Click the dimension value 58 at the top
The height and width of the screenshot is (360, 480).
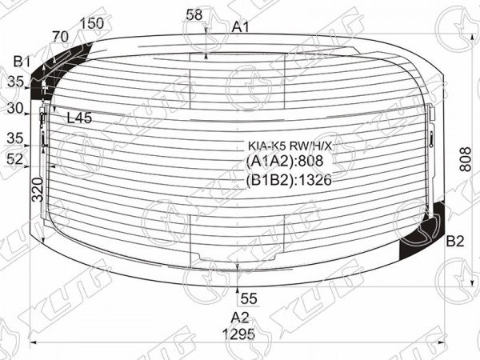pyautogui.click(x=194, y=14)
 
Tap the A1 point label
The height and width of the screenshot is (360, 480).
pyautogui.click(x=241, y=27)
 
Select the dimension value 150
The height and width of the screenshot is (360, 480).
pyautogui.click(x=92, y=23)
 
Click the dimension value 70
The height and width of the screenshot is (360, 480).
pyautogui.click(x=60, y=37)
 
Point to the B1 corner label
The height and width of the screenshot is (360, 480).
pyautogui.click(x=22, y=62)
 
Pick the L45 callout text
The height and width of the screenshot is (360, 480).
pyautogui.click(x=79, y=118)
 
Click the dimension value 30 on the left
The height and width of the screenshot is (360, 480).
pyautogui.click(x=15, y=108)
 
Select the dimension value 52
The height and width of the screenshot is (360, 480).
pyautogui.click(x=15, y=158)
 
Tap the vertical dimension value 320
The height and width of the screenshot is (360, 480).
pyautogui.click(x=38, y=190)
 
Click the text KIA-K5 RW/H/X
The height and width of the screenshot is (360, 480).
pyautogui.click(x=290, y=146)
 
